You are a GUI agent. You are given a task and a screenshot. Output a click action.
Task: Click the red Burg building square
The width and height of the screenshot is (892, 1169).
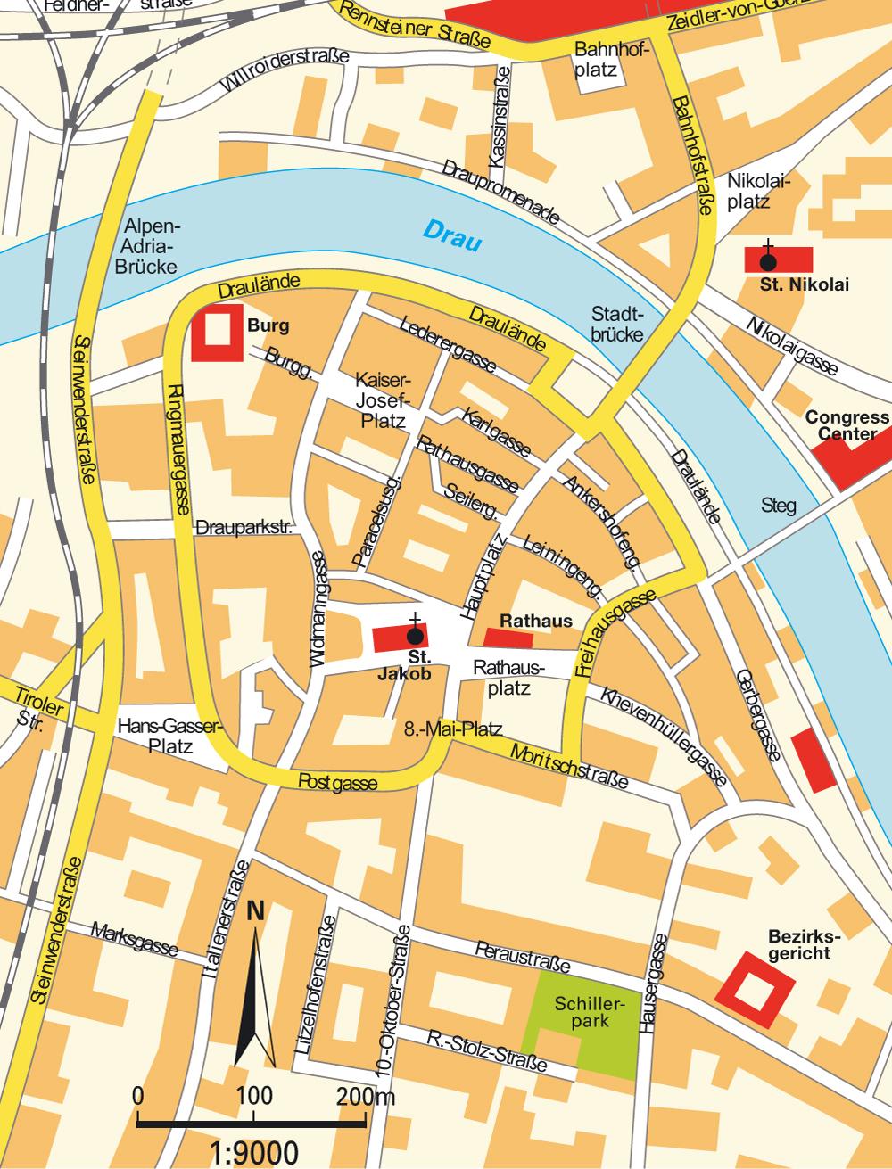[x=216, y=333]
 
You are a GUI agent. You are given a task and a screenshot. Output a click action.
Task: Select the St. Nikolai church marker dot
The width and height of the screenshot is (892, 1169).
[x=767, y=261]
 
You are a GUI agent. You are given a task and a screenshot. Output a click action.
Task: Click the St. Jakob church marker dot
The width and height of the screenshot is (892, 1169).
[x=415, y=637]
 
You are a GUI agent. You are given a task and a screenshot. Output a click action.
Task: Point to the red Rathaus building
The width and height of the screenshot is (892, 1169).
[x=508, y=638]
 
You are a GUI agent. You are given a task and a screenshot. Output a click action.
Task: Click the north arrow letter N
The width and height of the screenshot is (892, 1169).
[x=256, y=911]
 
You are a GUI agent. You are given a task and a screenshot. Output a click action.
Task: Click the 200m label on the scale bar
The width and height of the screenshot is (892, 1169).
[x=366, y=1096]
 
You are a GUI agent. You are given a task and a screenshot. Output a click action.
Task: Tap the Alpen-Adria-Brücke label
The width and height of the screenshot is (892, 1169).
[x=152, y=246]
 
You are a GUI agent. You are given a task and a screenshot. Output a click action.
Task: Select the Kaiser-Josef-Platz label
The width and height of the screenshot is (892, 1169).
[x=384, y=399]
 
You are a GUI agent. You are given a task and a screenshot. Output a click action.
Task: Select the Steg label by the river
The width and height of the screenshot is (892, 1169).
[x=778, y=506]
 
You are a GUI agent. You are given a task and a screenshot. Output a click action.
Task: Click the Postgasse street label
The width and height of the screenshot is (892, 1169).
[x=337, y=783]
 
